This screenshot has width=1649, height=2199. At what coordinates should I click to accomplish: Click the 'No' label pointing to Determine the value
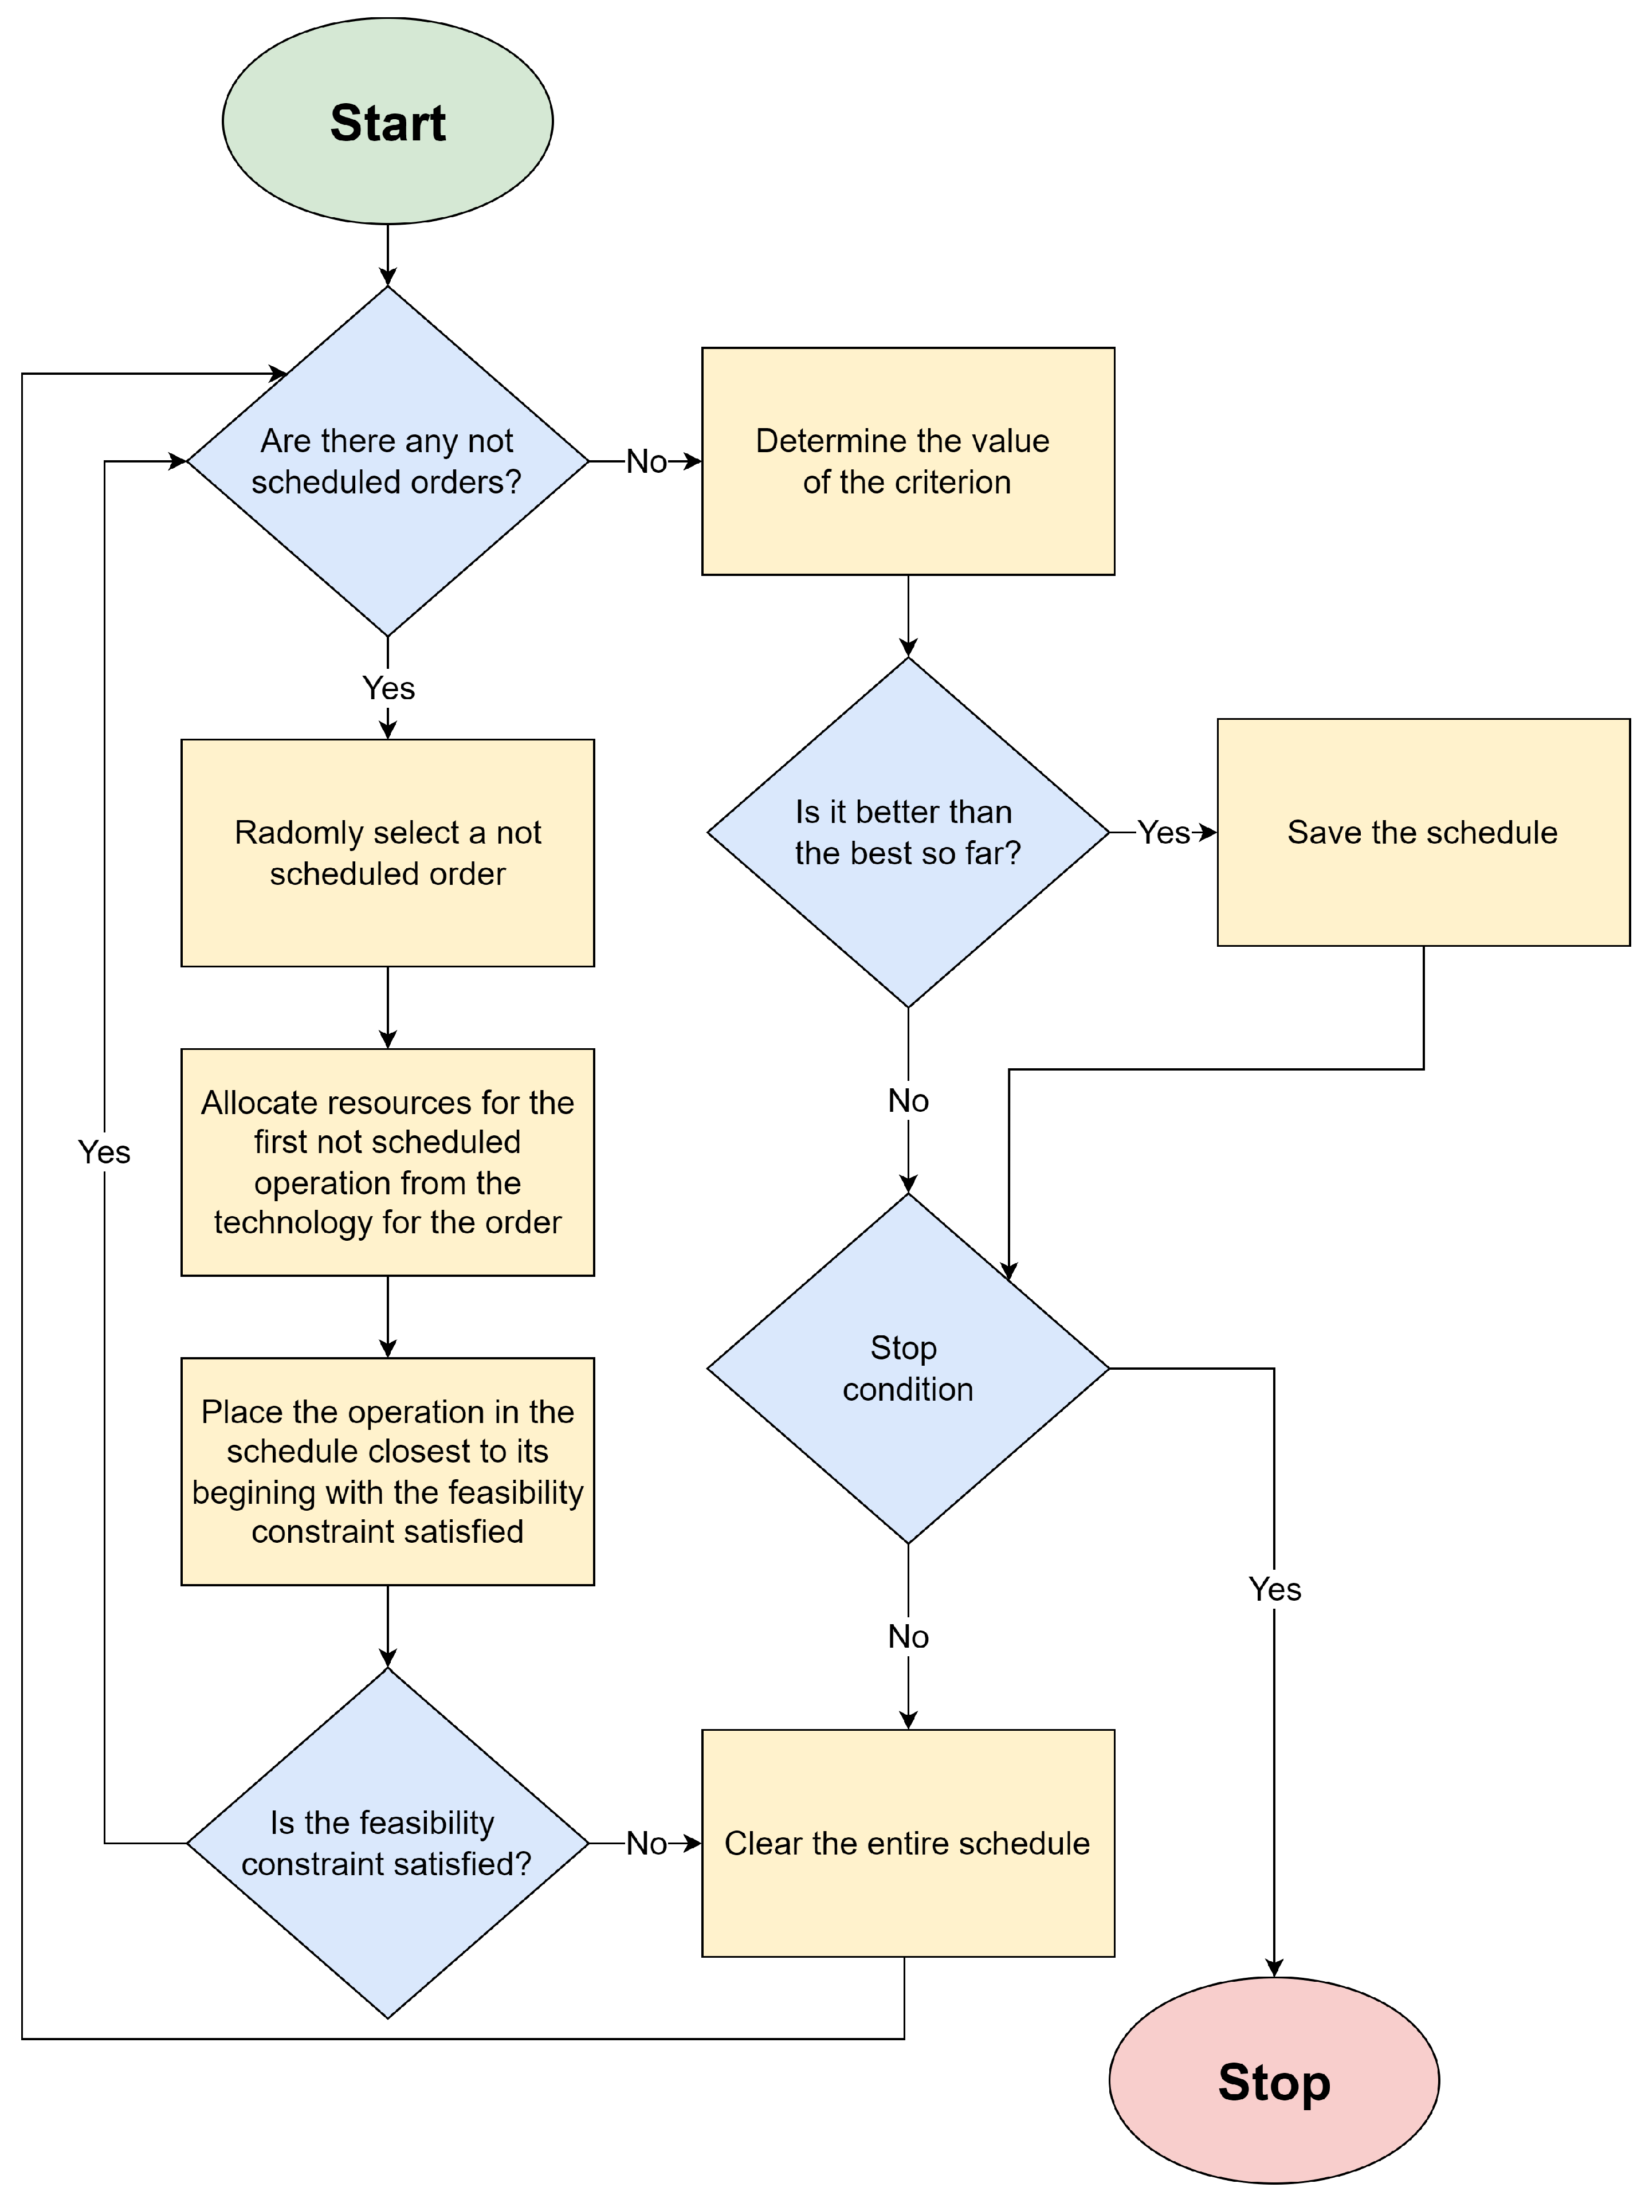pyautogui.click(x=646, y=461)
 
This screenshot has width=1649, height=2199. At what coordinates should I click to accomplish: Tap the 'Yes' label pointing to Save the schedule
pyautogui.click(x=1163, y=832)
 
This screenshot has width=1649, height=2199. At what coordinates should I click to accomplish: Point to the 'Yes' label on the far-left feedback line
pyautogui.click(x=104, y=1151)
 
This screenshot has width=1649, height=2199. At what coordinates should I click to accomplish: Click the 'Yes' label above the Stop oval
pyautogui.click(x=1274, y=1589)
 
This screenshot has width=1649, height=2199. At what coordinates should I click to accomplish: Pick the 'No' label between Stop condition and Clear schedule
pyautogui.click(x=908, y=1635)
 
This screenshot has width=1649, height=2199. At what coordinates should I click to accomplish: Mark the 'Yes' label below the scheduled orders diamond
pyautogui.click(x=388, y=687)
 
